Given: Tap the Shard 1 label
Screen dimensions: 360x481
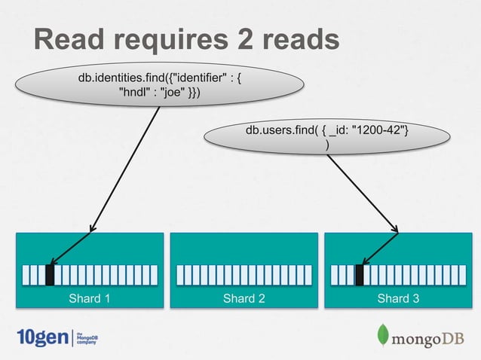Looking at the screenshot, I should click(x=90, y=298).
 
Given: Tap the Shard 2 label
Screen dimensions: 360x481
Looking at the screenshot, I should click(x=244, y=298).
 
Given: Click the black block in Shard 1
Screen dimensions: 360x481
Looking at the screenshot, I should click(x=51, y=275).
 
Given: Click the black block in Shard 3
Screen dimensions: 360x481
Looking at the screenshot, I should click(x=360, y=275).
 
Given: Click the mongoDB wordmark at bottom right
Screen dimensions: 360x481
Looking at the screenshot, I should click(x=427, y=339).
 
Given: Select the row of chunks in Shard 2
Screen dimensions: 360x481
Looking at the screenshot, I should click(x=244, y=275).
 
